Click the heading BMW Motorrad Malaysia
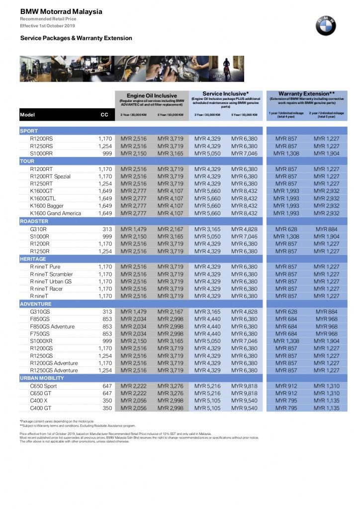[x=61, y=11]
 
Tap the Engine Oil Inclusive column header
[x=152, y=95]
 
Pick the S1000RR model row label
[x=42, y=154]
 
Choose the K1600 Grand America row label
[x=55, y=213]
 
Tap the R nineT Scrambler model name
[x=51, y=274]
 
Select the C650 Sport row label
[x=44, y=386]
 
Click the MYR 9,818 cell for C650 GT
[x=244, y=393]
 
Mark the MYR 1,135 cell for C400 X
[x=326, y=401]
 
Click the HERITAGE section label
[x=33, y=259]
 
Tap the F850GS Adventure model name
[x=52, y=327]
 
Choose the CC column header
[x=104, y=115]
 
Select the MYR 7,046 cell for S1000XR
[x=244, y=341]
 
